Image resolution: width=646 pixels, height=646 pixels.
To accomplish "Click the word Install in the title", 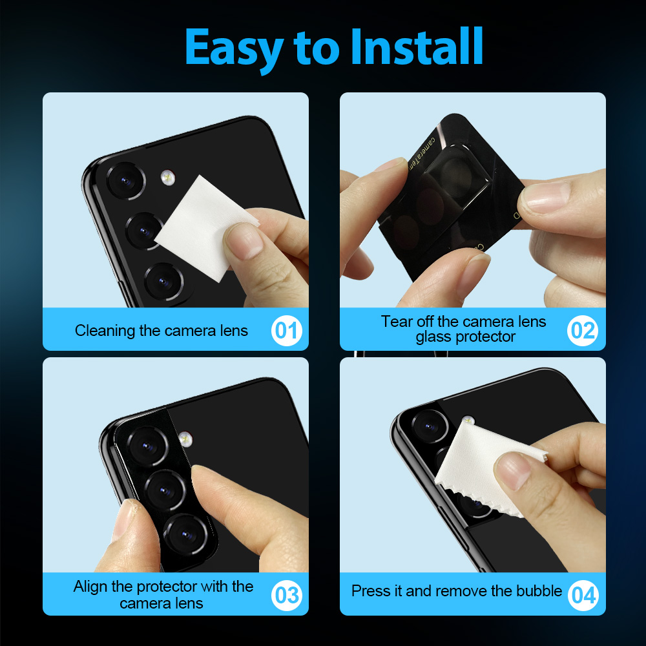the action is coord(417,47).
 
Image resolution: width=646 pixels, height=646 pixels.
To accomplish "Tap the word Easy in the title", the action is coord(234,50).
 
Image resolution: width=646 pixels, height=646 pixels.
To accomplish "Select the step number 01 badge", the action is coord(286,330).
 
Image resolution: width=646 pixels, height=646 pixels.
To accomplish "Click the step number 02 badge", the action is coord(583,330).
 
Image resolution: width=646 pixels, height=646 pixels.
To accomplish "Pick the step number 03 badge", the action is coord(286,596).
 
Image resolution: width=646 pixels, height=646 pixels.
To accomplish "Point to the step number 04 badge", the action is coord(583,596).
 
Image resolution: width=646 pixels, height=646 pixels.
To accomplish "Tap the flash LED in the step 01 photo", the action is coord(168,178).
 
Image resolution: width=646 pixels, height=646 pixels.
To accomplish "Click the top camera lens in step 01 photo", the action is coord(126,181).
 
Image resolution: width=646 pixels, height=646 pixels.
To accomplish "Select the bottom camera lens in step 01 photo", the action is coord(164,282).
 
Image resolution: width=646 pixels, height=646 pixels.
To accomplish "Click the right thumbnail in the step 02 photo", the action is coord(545,197).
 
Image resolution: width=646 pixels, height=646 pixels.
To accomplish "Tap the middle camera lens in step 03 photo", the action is coord(165,490).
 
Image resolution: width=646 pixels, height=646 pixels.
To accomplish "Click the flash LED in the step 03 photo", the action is coord(186,439).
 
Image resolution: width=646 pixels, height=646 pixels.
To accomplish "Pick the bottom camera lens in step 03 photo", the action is coord(186,534).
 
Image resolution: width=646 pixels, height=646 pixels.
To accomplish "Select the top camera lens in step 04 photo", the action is coord(430,426).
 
